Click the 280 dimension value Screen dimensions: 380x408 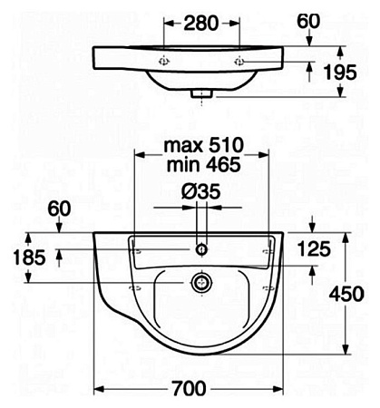[201, 24]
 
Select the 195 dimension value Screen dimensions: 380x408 [340, 73]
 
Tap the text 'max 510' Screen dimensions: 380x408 [203, 145]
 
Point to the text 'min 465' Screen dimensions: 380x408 [203, 165]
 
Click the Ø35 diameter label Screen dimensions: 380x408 [200, 191]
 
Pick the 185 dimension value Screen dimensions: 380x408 [29, 257]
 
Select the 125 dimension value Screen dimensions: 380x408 [314, 249]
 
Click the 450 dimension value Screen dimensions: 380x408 [346, 294]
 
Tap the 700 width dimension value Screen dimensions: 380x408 [190, 388]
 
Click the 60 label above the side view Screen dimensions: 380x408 [308, 22]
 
